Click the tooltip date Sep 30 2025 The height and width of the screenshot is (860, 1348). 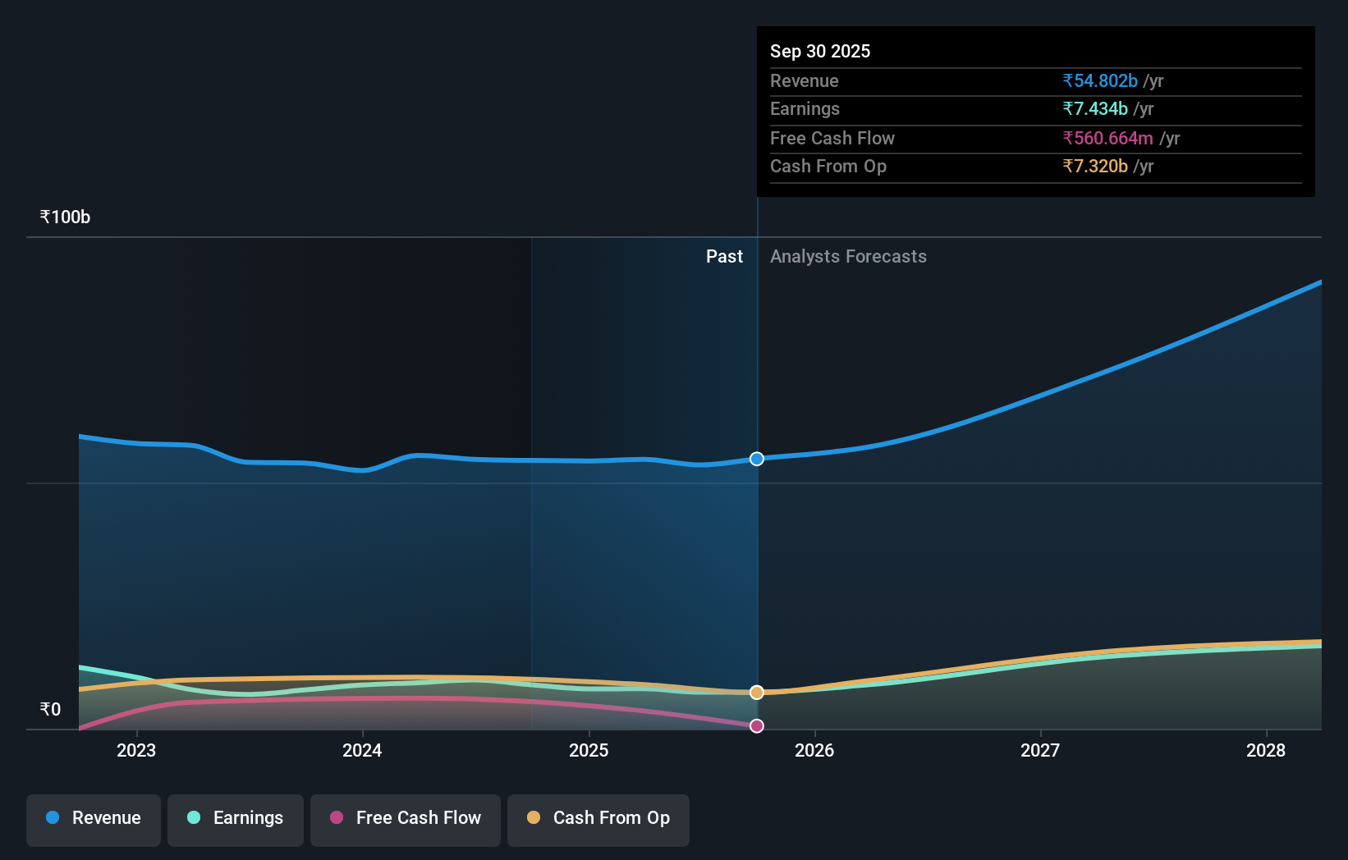pos(819,51)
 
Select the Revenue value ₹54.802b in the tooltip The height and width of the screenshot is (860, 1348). pos(1100,80)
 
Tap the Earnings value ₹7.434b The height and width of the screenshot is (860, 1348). pos(1095,108)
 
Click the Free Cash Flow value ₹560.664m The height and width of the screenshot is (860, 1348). pos(1107,138)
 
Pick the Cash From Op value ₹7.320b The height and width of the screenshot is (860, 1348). pos(1095,166)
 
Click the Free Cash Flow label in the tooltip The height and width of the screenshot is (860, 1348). pos(832,138)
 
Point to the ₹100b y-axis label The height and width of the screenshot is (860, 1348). pos(65,217)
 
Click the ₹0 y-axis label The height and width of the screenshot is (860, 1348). pos(50,709)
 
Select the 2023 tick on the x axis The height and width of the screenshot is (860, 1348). pos(136,750)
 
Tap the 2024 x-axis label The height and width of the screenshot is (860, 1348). pos(362,750)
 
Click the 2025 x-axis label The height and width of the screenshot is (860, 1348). pos(589,750)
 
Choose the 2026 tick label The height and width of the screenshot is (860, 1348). pos(814,750)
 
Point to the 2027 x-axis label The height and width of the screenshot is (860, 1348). pos(1040,750)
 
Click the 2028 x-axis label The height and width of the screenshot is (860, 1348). pos(1266,750)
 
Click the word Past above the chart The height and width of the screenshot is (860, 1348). pos(724,256)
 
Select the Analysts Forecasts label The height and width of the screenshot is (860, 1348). pos(848,256)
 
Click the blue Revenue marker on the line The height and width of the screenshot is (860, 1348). pos(757,459)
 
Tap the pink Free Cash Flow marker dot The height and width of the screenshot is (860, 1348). pos(757,725)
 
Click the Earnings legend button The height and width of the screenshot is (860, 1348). pos(236,818)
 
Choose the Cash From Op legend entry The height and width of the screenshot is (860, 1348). pos(598,818)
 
